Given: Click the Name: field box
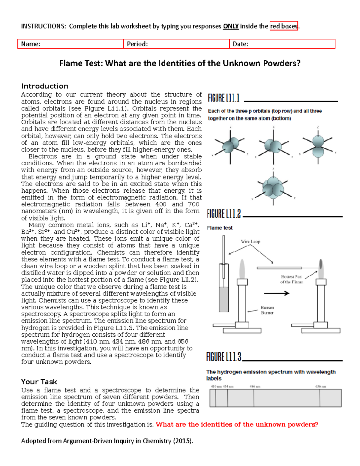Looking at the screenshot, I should coord(70,44).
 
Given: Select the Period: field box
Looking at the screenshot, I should coord(176,44).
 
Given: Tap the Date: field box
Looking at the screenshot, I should coord(282,44).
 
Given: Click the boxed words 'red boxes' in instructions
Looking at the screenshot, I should coord(284,26).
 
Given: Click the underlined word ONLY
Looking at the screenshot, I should coord(231,26).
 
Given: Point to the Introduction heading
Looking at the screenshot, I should coord(45,86).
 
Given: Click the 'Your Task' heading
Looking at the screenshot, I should coord(39,382).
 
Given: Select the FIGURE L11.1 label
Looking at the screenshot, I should coord(224,98).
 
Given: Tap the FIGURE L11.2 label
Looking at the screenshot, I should coord(224,214).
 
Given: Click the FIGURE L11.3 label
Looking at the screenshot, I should coord(224,357).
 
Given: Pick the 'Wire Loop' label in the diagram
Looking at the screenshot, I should coord(250,242).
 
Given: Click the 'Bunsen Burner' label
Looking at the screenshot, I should coord(267,310).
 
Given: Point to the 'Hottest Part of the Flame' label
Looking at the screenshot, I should coord(291,279).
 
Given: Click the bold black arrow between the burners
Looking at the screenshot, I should coord(276,293).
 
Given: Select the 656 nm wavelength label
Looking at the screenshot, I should coord(320,386).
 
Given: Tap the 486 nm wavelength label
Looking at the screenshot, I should coord(255,386).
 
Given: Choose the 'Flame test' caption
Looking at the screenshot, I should coord(220,228).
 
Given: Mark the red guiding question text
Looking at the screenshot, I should coord(237,425).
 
